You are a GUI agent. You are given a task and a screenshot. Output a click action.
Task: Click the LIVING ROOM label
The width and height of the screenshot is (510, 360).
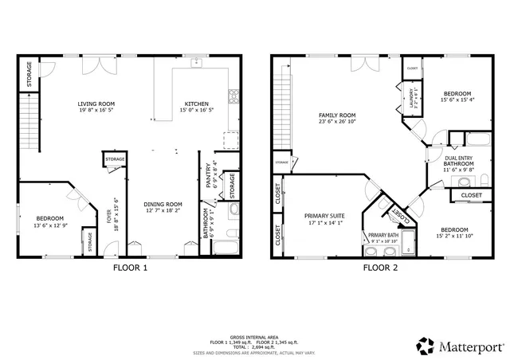point(97,104)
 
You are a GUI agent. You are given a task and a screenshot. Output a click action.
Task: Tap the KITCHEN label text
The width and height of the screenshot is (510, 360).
point(197,104)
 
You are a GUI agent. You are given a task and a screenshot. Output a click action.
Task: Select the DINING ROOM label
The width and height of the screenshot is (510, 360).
point(163,204)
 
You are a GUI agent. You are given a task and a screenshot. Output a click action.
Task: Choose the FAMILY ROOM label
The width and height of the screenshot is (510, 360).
point(336,115)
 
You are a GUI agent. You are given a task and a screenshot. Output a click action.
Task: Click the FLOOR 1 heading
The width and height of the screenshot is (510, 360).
point(129,268)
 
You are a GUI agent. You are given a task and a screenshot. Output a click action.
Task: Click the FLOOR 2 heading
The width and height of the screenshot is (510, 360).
point(380,268)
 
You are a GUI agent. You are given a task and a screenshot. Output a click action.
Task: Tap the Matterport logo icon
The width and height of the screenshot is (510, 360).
point(426,346)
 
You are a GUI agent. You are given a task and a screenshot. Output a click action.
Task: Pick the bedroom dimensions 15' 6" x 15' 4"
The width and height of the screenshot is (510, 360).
point(457,100)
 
